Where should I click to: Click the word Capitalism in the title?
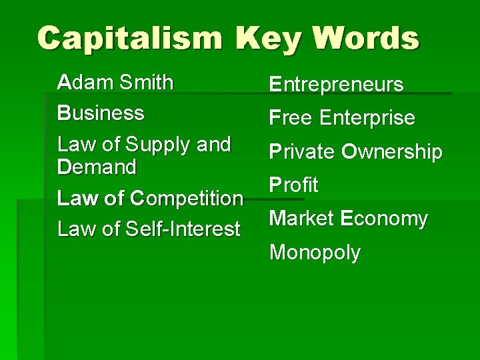coord(128,38)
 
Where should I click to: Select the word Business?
coord(101,113)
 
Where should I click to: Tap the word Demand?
coord(97,167)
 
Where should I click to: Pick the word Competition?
coord(187,199)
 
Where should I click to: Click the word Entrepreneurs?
coord(336,85)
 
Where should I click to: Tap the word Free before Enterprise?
coord(291,118)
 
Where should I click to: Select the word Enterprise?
coord(367,118)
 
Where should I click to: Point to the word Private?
coord(302,152)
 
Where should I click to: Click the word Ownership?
coord(392,152)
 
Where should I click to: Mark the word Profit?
coord(293,185)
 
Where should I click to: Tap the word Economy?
coord(384,219)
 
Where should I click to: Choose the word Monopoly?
coord(315,253)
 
